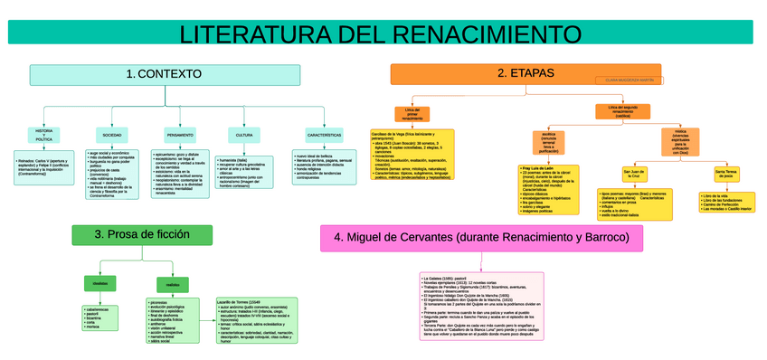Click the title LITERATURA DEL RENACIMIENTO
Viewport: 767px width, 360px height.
(380, 33)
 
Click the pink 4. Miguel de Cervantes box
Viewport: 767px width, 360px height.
(481, 238)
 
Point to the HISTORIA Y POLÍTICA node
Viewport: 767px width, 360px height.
(43, 136)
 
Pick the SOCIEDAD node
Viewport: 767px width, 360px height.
(111, 136)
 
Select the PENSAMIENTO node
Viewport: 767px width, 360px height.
(179, 136)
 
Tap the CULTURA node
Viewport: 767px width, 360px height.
(244, 136)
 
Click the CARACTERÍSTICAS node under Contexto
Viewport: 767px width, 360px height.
(324, 136)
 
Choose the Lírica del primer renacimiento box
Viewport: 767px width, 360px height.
(412, 115)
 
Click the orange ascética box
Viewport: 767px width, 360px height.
(548, 142)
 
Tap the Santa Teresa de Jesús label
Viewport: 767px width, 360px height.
(726, 174)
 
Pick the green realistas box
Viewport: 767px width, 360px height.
(172, 285)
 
